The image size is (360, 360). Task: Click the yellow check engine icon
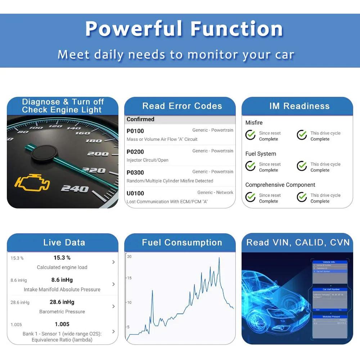[x=32, y=184]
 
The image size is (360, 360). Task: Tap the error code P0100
[x=135, y=131]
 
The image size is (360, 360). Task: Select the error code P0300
[x=135, y=172]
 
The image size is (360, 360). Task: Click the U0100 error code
[x=135, y=193]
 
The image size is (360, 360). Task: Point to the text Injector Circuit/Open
[x=148, y=160]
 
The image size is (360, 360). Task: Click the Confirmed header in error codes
[x=140, y=119]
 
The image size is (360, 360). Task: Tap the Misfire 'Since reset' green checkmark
[x=251, y=135]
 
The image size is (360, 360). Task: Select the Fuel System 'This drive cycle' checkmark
[x=302, y=166]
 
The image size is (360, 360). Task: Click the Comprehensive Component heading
[x=280, y=185]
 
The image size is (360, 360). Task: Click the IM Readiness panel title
[x=299, y=106]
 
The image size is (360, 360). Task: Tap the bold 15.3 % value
[x=62, y=258]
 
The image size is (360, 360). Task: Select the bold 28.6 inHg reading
[x=62, y=302]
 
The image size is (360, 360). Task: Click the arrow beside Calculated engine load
[x=113, y=262]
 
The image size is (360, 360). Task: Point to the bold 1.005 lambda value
[x=62, y=324]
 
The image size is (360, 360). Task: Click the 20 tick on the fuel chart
[x=129, y=257]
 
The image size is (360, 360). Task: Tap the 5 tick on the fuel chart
[x=128, y=327]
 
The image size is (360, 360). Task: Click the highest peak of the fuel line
[x=219, y=258]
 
